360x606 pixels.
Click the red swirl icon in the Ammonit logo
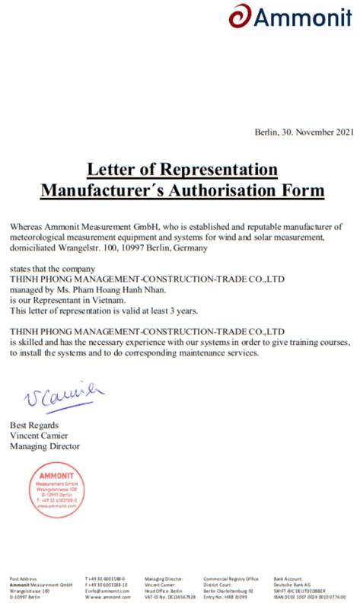(x=239, y=16)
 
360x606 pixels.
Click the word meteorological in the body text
(x=40, y=238)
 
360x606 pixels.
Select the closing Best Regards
(x=34, y=424)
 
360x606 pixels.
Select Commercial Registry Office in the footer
(x=231, y=579)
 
